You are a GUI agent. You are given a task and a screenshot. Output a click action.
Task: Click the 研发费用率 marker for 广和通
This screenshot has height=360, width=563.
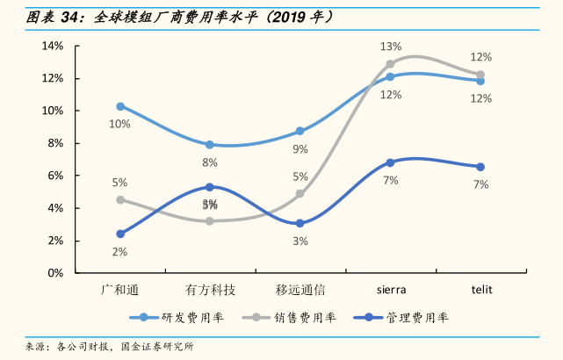tap(120, 106)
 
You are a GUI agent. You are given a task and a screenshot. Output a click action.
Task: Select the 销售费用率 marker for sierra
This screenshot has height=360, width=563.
tap(390, 64)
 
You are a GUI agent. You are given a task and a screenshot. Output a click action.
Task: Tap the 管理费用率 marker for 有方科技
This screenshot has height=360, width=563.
tap(210, 187)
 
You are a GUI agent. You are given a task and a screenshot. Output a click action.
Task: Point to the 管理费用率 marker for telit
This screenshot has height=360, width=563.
tap(480, 167)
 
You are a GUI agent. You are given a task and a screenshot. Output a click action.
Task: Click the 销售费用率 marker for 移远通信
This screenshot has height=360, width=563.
tap(300, 194)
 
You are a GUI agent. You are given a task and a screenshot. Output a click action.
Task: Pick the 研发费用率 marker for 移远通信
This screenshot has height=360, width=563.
tap(300, 131)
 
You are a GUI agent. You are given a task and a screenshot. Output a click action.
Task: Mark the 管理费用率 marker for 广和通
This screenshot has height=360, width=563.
tap(120, 234)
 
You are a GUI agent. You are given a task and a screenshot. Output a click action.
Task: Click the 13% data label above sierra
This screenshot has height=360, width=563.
tap(391, 47)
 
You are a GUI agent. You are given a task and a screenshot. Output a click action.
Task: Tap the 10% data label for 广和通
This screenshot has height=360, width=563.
tap(119, 124)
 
